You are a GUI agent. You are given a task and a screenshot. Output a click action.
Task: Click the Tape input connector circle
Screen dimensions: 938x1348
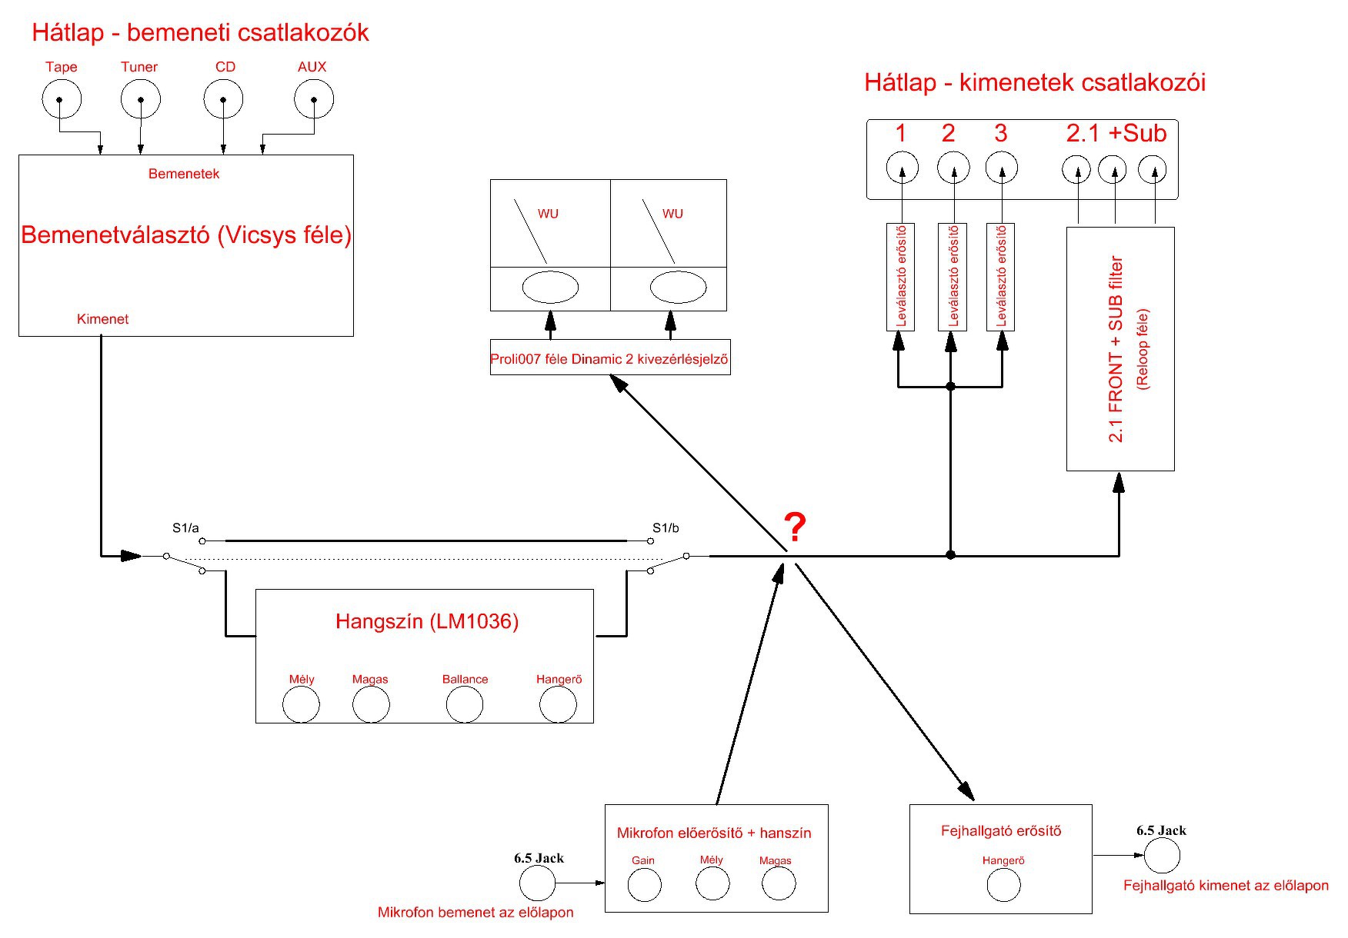[x=61, y=99]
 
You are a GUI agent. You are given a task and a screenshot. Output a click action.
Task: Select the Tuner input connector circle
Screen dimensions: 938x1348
[x=140, y=99]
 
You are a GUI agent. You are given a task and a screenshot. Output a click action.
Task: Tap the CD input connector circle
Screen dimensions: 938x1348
[x=223, y=99]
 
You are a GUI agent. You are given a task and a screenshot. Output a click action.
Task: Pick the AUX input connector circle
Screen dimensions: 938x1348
[x=314, y=99]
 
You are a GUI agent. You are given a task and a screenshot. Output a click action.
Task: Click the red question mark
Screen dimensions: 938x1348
[x=795, y=527]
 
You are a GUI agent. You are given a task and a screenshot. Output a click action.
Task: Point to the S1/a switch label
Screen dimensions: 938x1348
[x=185, y=528]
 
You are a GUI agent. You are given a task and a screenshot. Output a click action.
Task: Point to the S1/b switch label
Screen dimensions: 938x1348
[x=666, y=528]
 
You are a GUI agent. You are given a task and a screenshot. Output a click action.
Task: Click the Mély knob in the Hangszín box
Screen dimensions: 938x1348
[x=301, y=704]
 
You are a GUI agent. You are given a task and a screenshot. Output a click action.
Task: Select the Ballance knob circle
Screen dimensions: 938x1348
[x=465, y=704]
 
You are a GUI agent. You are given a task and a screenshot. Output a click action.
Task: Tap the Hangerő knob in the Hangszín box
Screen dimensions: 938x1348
[x=558, y=704]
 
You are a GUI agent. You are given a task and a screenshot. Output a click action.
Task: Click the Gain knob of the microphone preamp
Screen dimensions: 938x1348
[x=644, y=885]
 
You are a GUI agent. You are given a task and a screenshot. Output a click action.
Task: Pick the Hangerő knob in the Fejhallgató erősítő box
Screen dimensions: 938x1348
[x=1003, y=885]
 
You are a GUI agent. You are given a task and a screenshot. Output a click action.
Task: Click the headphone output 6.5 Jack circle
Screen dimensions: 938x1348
[x=1162, y=856]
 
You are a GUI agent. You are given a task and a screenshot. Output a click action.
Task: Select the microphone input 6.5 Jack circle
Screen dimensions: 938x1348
[x=537, y=883]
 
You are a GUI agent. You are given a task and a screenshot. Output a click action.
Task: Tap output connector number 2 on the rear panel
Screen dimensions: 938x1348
[x=953, y=167]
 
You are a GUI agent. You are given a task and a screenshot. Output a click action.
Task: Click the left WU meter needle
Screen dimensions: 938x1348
[x=531, y=231]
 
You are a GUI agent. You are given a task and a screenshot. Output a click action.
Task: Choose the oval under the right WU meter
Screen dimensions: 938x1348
[x=678, y=288]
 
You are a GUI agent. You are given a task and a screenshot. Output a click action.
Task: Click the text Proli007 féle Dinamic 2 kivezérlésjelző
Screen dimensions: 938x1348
[x=609, y=359]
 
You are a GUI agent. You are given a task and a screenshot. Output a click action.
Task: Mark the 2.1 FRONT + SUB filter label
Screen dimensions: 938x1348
[x=1116, y=349]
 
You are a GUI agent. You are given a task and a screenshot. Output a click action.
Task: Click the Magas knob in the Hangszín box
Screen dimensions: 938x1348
[x=371, y=704]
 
